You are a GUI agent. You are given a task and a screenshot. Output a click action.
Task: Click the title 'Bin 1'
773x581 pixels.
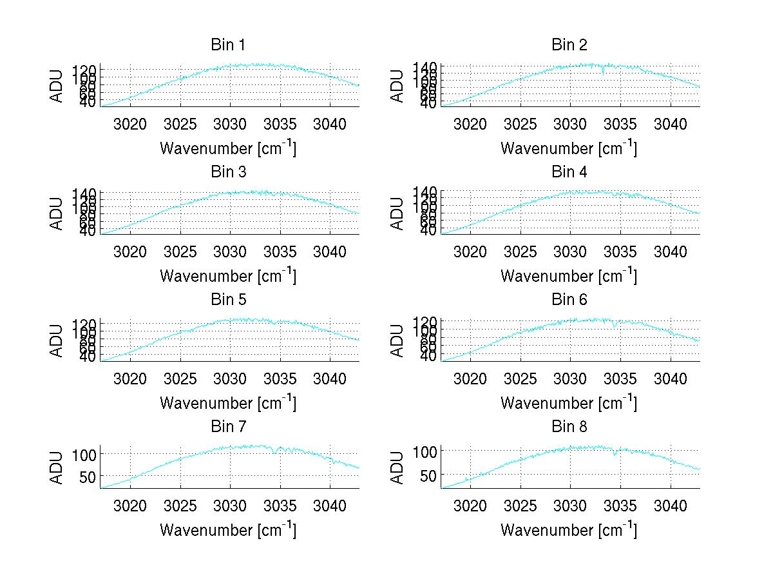click(x=227, y=45)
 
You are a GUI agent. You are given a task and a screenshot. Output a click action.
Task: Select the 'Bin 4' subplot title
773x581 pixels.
click(x=569, y=172)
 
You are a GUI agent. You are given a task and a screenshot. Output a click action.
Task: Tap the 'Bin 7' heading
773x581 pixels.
click(x=227, y=427)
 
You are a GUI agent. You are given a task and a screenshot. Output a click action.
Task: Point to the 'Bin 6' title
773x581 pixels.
click(x=569, y=300)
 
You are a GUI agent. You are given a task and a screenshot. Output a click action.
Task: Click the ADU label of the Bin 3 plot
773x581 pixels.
click(x=57, y=213)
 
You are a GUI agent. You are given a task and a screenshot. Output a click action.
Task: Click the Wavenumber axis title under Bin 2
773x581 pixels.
click(x=569, y=148)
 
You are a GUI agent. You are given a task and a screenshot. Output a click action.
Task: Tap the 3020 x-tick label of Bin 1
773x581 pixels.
click(x=130, y=124)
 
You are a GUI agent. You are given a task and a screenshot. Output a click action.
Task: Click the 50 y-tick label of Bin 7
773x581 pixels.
click(x=88, y=477)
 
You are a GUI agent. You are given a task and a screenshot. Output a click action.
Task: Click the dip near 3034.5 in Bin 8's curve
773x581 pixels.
click(x=615, y=455)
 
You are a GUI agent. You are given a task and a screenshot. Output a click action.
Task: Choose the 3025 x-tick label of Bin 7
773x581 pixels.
click(x=180, y=506)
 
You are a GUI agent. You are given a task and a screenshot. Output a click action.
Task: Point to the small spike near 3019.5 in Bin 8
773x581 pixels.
click(x=466, y=478)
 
